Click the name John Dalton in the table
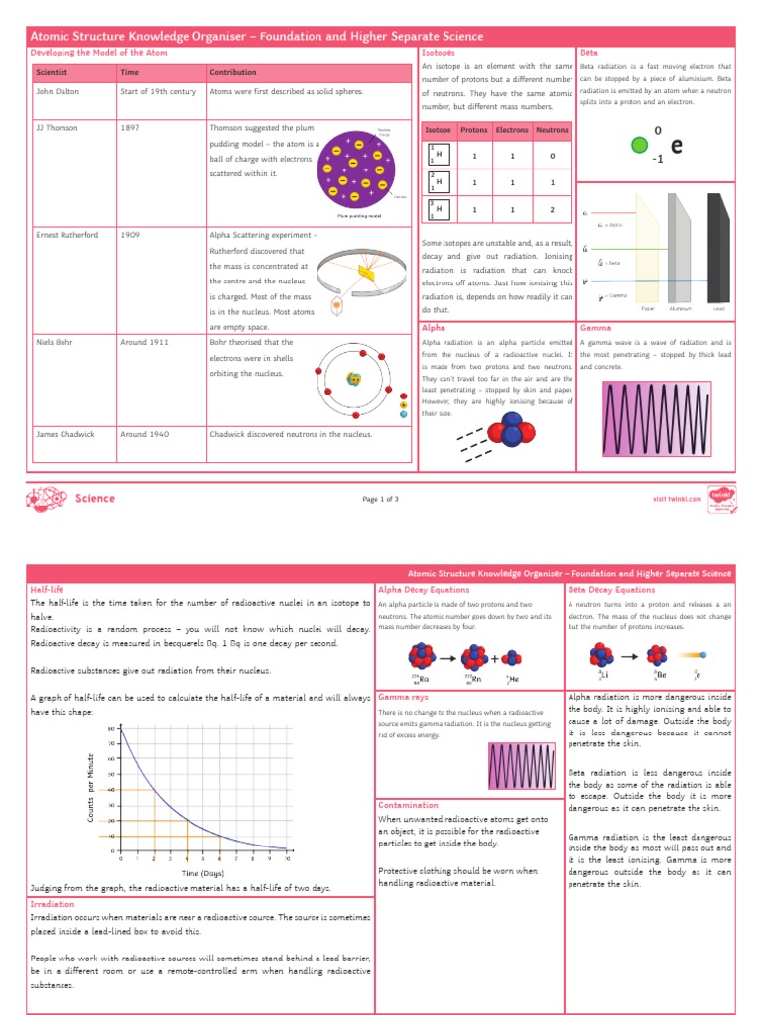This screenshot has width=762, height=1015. [x=58, y=91]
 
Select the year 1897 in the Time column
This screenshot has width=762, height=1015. [x=130, y=128]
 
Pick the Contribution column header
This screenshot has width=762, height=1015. [x=233, y=72]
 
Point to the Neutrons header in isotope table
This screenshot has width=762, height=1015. [x=553, y=130]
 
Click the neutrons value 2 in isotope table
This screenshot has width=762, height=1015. [x=553, y=210]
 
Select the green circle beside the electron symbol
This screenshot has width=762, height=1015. [x=640, y=146]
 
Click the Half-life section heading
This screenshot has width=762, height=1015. [x=47, y=589]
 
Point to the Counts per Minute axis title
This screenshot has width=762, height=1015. [x=91, y=787]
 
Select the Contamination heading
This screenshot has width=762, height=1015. [x=409, y=805]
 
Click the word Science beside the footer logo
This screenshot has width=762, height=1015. [x=95, y=499]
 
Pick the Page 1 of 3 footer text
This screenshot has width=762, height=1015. [x=381, y=499]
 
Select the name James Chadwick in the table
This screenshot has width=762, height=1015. [x=64, y=434]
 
